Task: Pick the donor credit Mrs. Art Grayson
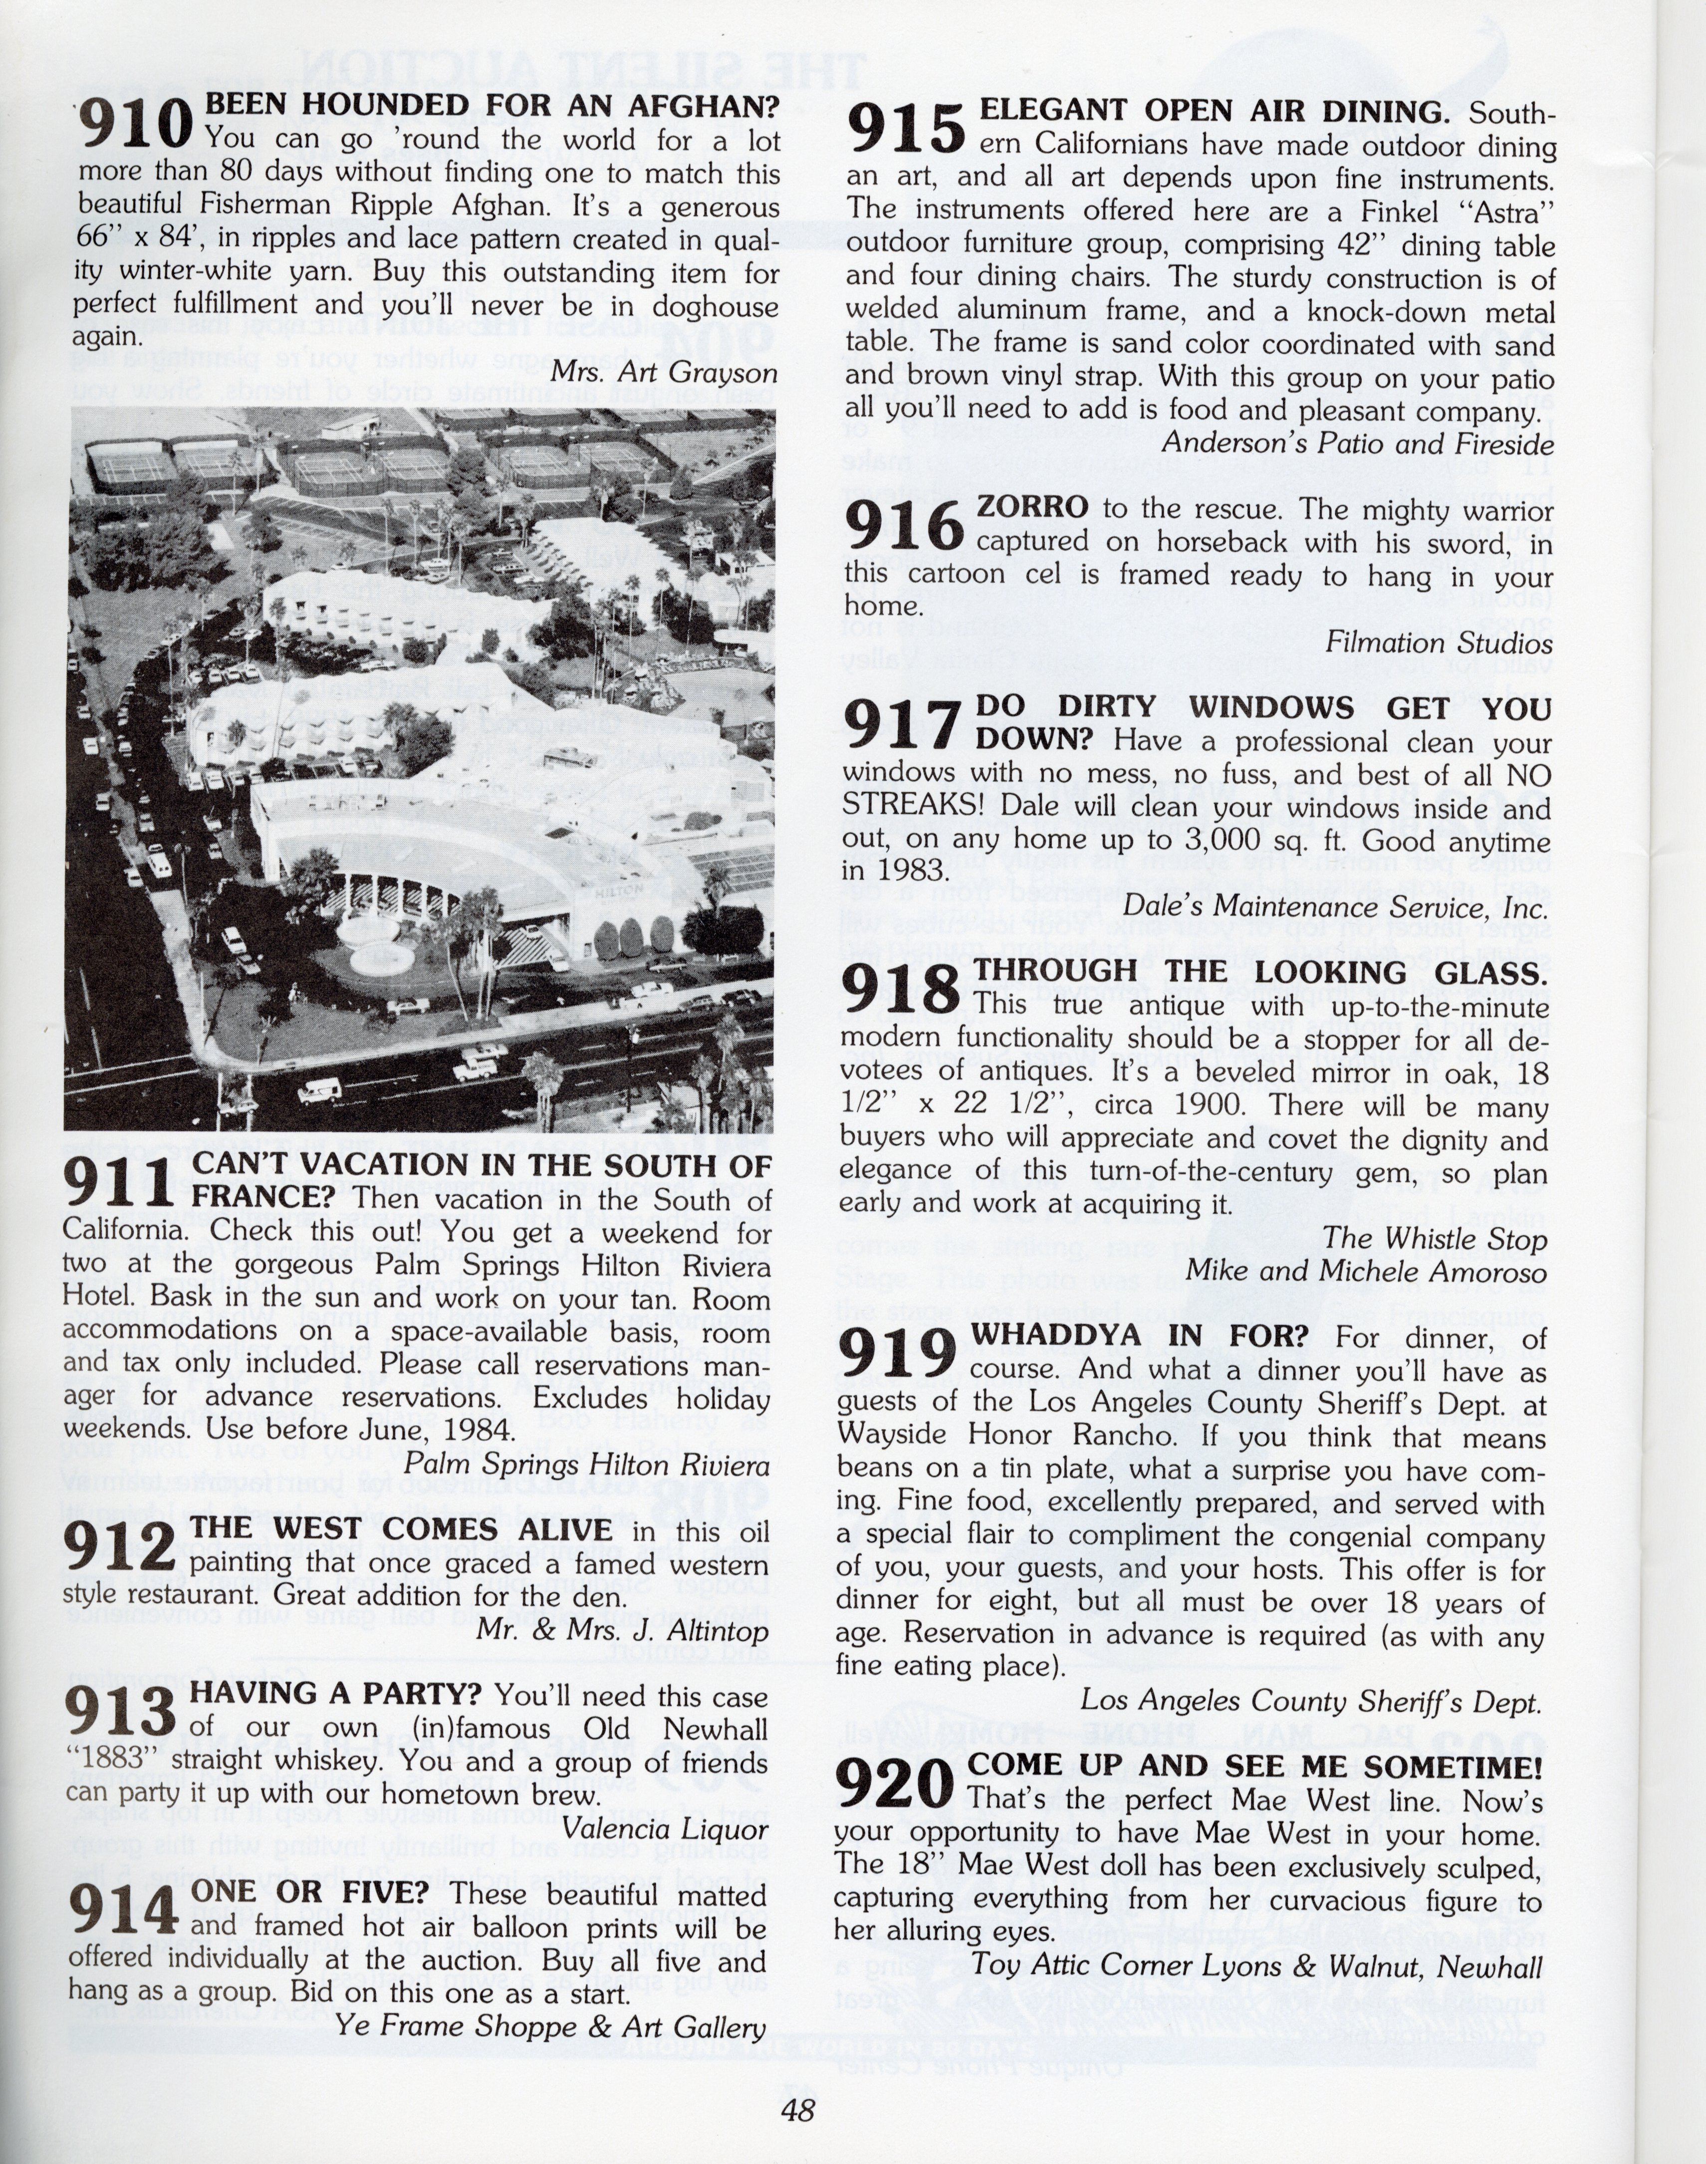pyautogui.click(x=664, y=373)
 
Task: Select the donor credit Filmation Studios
pyautogui.click(x=1439, y=643)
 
